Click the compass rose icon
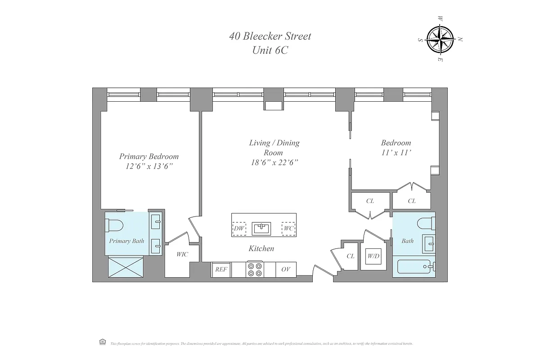click(x=441, y=39)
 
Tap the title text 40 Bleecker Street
click(x=270, y=36)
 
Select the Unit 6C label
click(x=270, y=50)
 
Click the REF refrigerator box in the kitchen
click(x=221, y=270)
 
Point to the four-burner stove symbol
click(x=255, y=270)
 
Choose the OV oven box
click(x=286, y=270)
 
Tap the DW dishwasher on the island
click(x=239, y=228)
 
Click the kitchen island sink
click(x=261, y=228)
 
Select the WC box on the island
click(x=288, y=228)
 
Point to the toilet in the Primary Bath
click(x=114, y=225)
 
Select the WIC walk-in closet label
click(x=182, y=254)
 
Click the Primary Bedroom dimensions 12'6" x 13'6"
click(x=149, y=166)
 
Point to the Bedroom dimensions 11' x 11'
click(x=396, y=153)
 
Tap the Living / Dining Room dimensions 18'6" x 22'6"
click(x=274, y=162)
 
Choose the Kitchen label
click(x=261, y=248)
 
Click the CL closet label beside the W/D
click(x=351, y=256)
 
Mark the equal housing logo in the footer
click(x=102, y=342)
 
